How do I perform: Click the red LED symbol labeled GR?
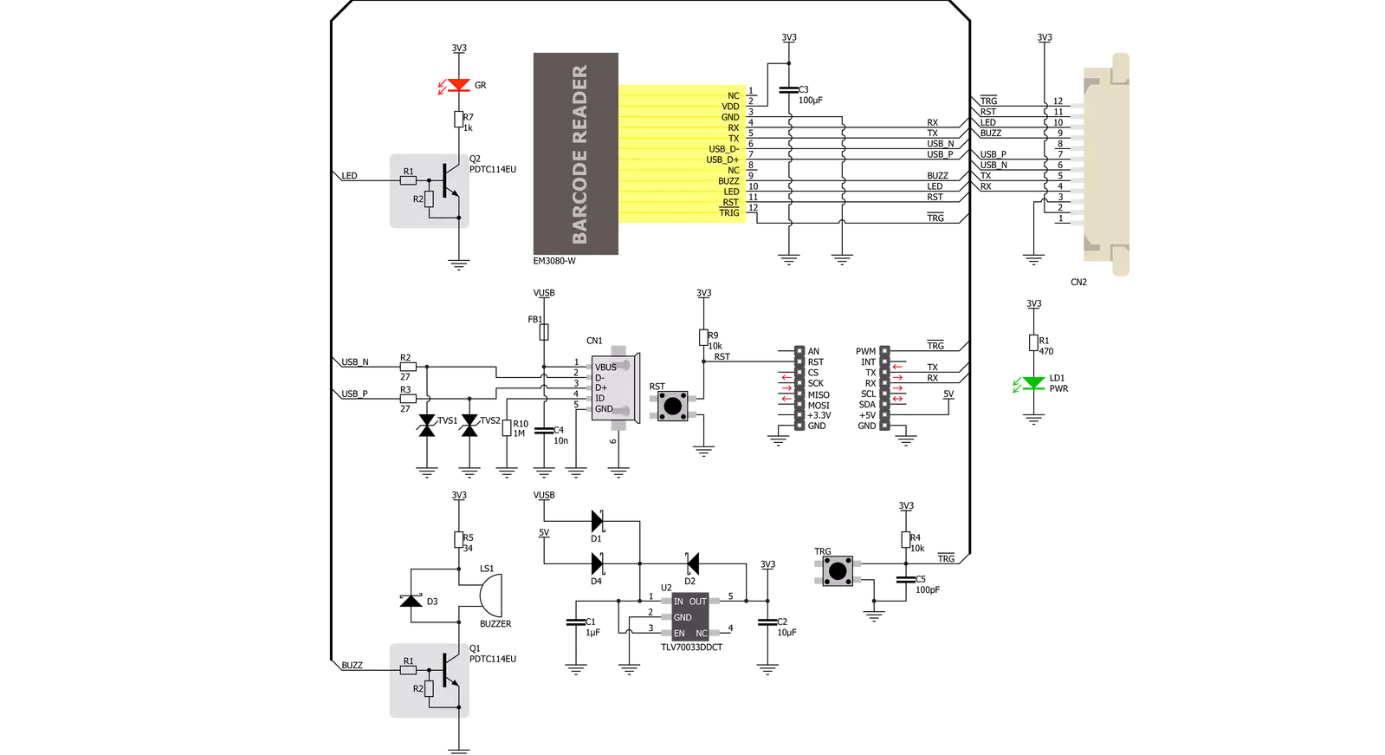pyautogui.click(x=459, y=86)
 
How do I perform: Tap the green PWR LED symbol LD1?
pyautogui.click(x=1033, y=384)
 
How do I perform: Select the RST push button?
pyautogui.click(x=673, y=406)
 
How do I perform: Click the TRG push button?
pyautogui.click(x=838, y=570)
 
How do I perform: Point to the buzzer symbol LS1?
pyautogui.click(x=491, y=595)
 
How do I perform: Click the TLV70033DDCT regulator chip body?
pyautogui.click(x=690, y=617)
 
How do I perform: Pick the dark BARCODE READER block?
pyautogui.click(x=576, y=153)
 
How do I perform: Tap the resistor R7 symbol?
pyautogui.click(x=459, y=120)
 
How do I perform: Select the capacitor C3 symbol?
pyautogui.click(x=789, y=90)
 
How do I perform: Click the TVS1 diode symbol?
pyautogui.click(x=427, y=425)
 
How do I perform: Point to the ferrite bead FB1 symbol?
pyautogui.click(x=543, y=332)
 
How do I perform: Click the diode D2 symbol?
pyautogui.click(x=693, y=563)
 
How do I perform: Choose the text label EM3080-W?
pyautogui.click(x=554, y=261)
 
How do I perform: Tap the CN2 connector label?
pyautogui.click(x=1078, y=283)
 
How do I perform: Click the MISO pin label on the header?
pyautogui.click(x=819, y=394)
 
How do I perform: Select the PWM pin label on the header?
pyautogui.click(x=865, y=352)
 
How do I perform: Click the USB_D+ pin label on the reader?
pyautogui.click(x=722, y=159)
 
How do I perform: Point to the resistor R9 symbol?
pyautogui.click(x=703, y=337)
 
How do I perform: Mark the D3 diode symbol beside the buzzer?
pyautogui.click(x=411, y=600)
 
